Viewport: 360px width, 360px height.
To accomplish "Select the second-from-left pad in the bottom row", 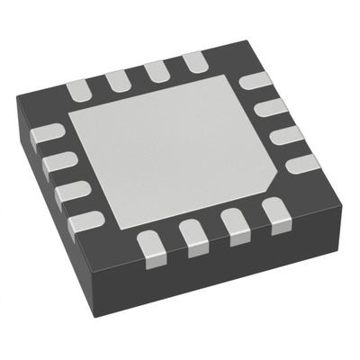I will pyautogui.click(x=192, y=236).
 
